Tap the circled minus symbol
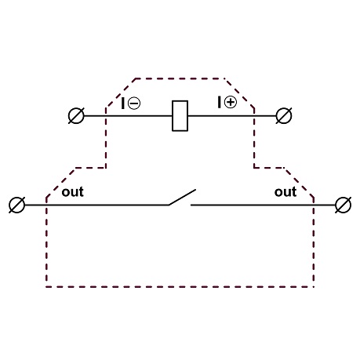[134, 104]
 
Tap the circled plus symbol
[231, 102]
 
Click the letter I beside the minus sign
[123, 104]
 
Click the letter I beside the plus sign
[219, 102]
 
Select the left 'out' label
[73, 192]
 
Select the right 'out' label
[285, 192]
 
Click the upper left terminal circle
[76, 115]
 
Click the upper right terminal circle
[284, 115]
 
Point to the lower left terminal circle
[17, 205]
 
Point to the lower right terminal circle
[343, 205]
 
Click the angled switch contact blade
[182, 198]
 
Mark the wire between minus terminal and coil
[128, 115]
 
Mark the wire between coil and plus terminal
[232, 115]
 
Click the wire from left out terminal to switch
[96, 205]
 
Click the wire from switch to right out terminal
[263, 205]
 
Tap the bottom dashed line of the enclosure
[180, 287]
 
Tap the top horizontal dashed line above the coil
[180, 78]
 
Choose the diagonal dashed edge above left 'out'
[60, 183]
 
